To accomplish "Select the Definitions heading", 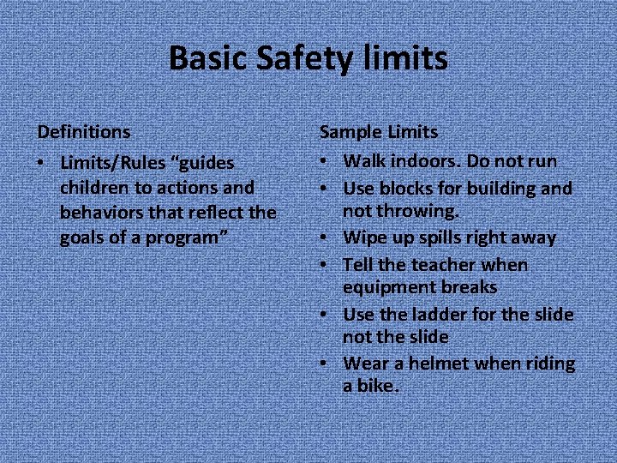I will pyautogui.click(x=84, y=132).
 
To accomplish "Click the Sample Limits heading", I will pyautogui.click(x=379, y=132).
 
